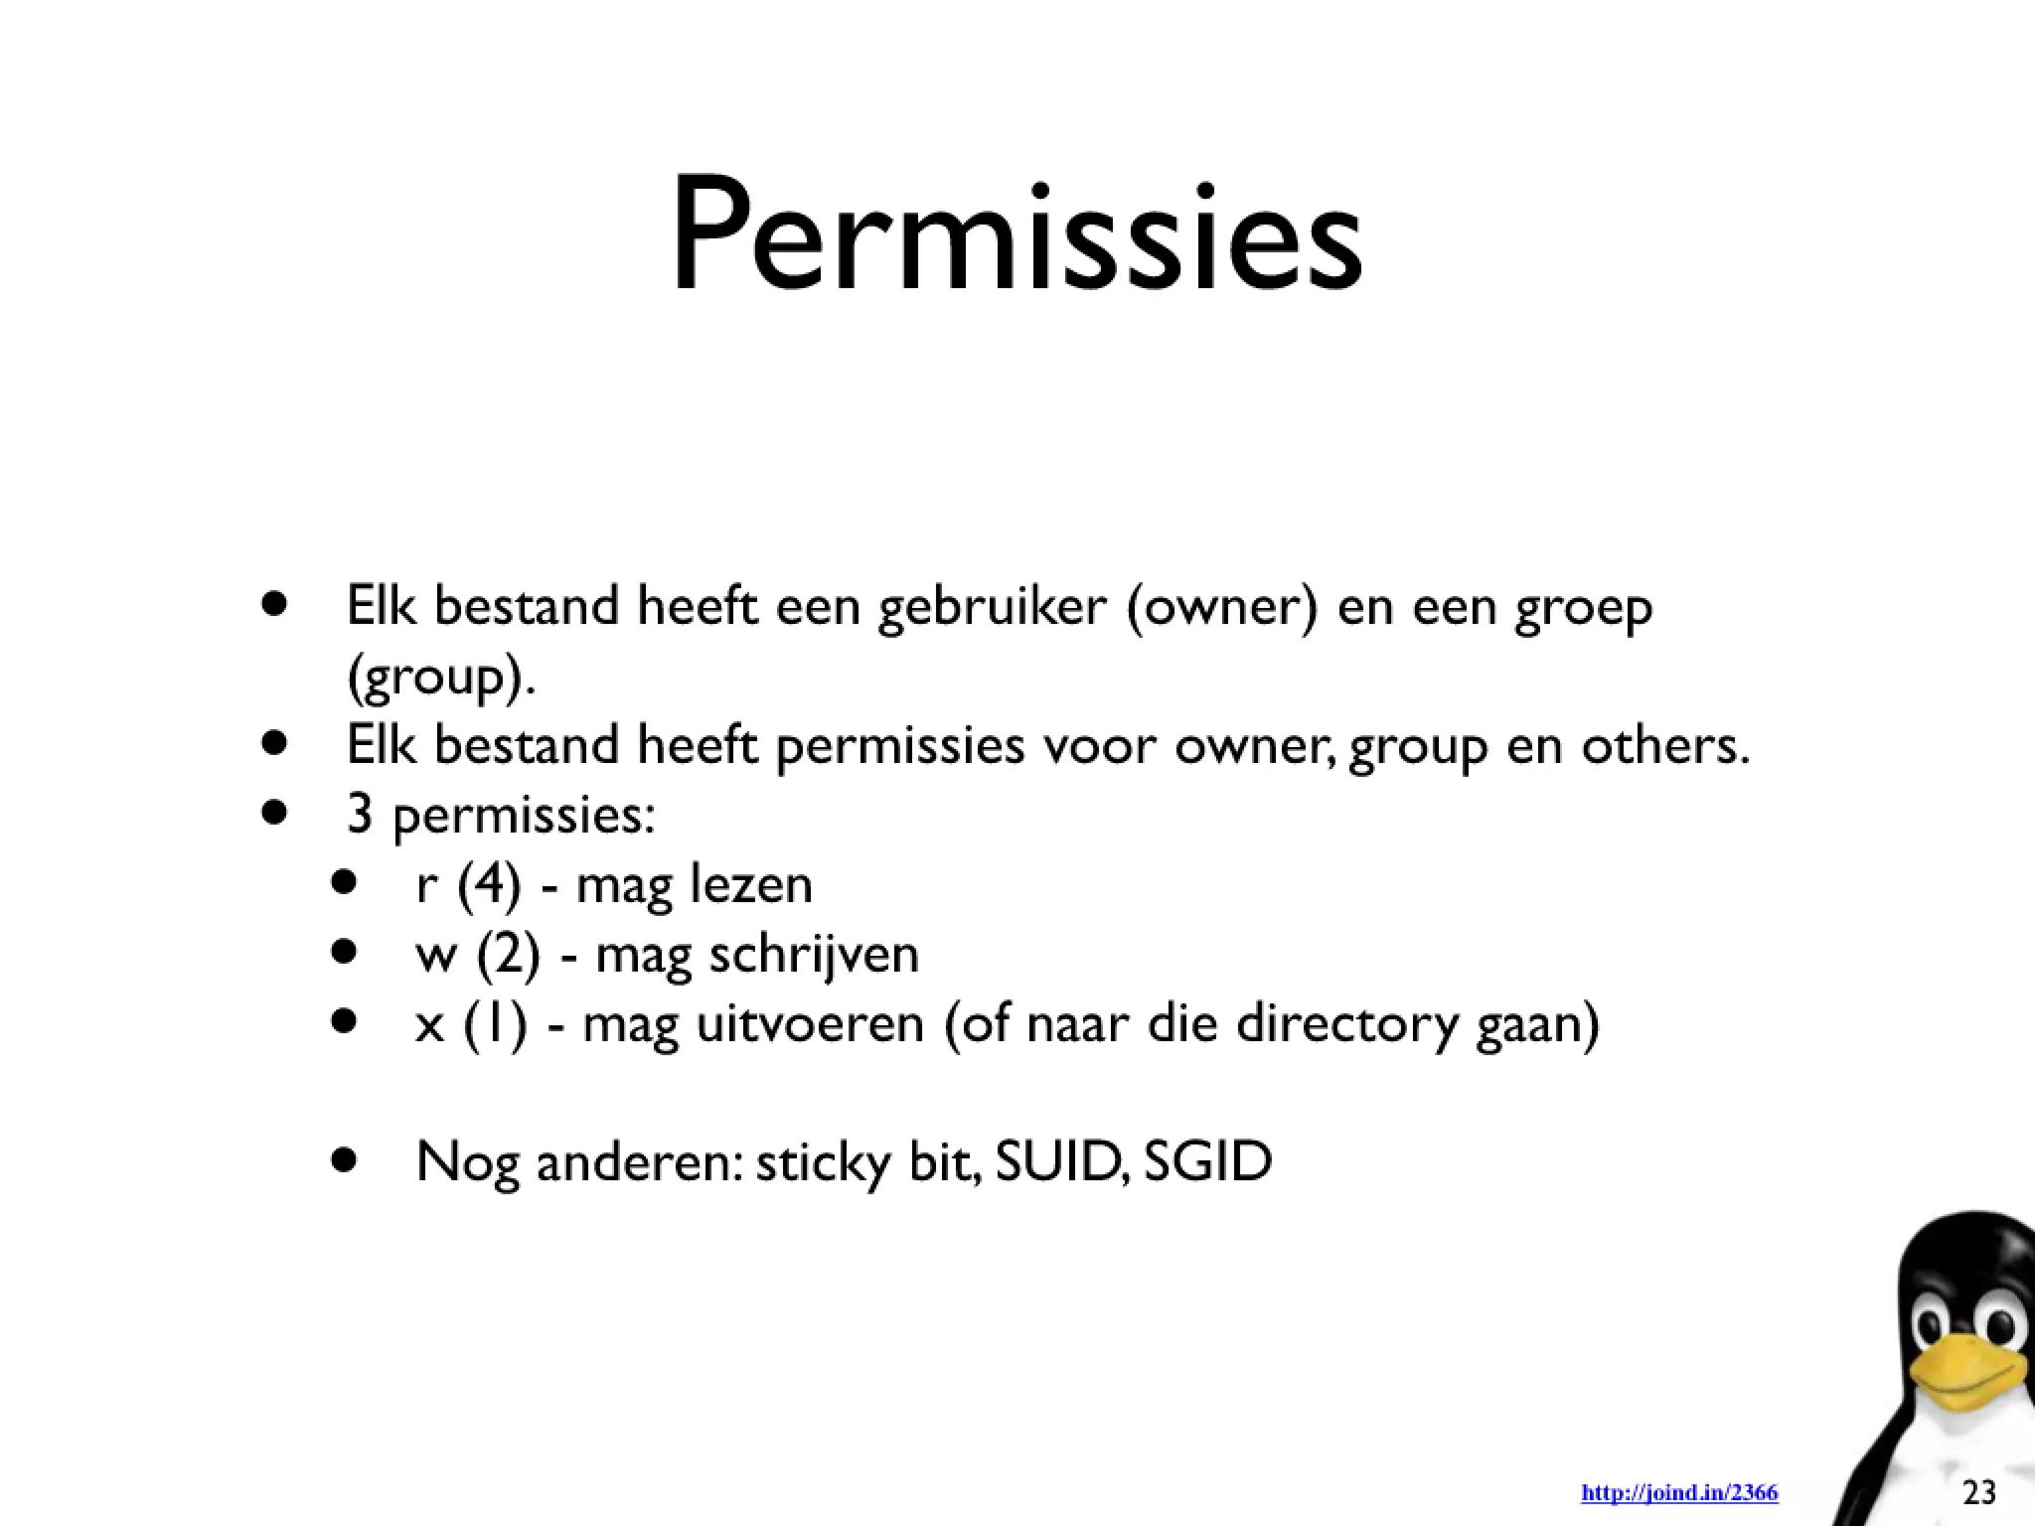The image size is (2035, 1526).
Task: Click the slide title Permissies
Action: [1017, 236]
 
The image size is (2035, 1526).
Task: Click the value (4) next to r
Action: [489, 885]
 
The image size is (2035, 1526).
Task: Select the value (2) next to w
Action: [508, 955]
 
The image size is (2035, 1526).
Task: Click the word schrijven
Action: [814, 955]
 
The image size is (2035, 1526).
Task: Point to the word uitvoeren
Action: [810, 1023]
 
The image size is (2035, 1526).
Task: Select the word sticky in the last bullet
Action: [823, 1162]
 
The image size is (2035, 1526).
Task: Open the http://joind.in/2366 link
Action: [1679, 1493]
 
